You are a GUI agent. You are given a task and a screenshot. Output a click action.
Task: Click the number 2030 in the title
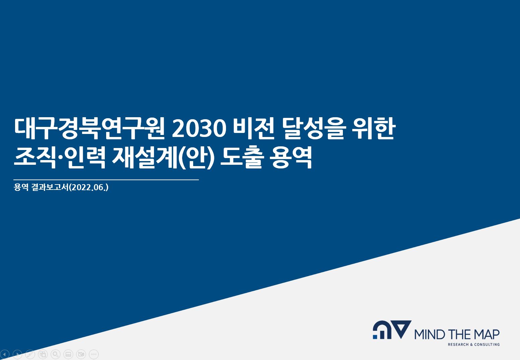[x=199, y=128]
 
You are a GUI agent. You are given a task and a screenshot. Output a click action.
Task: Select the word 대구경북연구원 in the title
[x=89, y=128]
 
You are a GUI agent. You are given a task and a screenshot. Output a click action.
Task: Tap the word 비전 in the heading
[x=254, y=128]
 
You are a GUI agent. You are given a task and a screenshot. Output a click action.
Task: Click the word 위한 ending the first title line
[x=374, y=128]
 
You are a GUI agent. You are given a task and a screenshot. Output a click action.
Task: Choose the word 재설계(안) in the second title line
[x=163, y=157]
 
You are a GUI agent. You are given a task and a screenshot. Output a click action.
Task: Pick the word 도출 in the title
[x=242, y=157]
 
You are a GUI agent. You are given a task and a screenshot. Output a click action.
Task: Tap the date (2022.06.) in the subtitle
[x=89, y=187]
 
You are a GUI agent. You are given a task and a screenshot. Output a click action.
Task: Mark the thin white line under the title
[x=106, y=179]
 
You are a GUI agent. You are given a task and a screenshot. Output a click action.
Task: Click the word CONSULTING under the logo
[x=487, y=345]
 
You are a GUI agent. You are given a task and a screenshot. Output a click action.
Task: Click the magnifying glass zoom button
[x=56, y=354]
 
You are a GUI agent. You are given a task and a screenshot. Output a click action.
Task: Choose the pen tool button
[x=30, y=354]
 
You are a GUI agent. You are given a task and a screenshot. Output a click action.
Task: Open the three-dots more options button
[x=94, y=354]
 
